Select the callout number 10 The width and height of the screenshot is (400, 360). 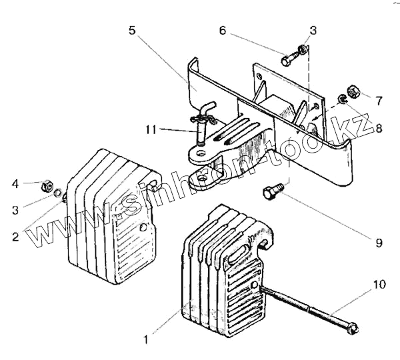377,285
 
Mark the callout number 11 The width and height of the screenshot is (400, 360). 152,129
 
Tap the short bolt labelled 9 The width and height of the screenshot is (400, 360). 270,191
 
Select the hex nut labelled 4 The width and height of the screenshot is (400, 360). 48,185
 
